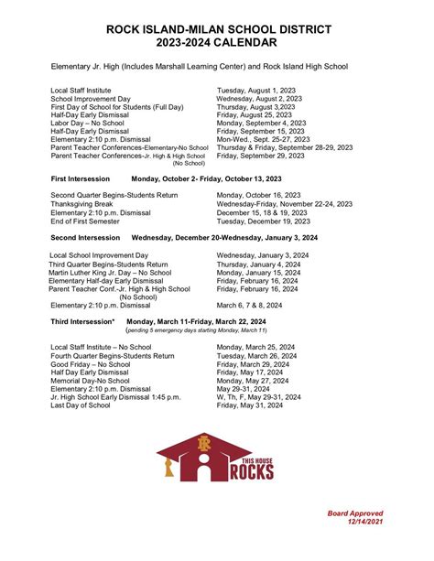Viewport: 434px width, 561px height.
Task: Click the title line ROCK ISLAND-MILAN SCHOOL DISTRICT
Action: [x=216, y=29]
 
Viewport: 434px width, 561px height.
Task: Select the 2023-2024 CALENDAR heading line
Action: [x=216, y=43]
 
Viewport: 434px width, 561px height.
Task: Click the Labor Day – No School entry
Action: [x=89, y=123]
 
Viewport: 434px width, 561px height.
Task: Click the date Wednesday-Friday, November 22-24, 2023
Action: [x=285, y=204]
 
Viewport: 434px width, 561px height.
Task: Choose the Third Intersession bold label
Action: [x=82, y=322]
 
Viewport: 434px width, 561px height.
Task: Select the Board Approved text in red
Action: [x=355, y=513]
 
